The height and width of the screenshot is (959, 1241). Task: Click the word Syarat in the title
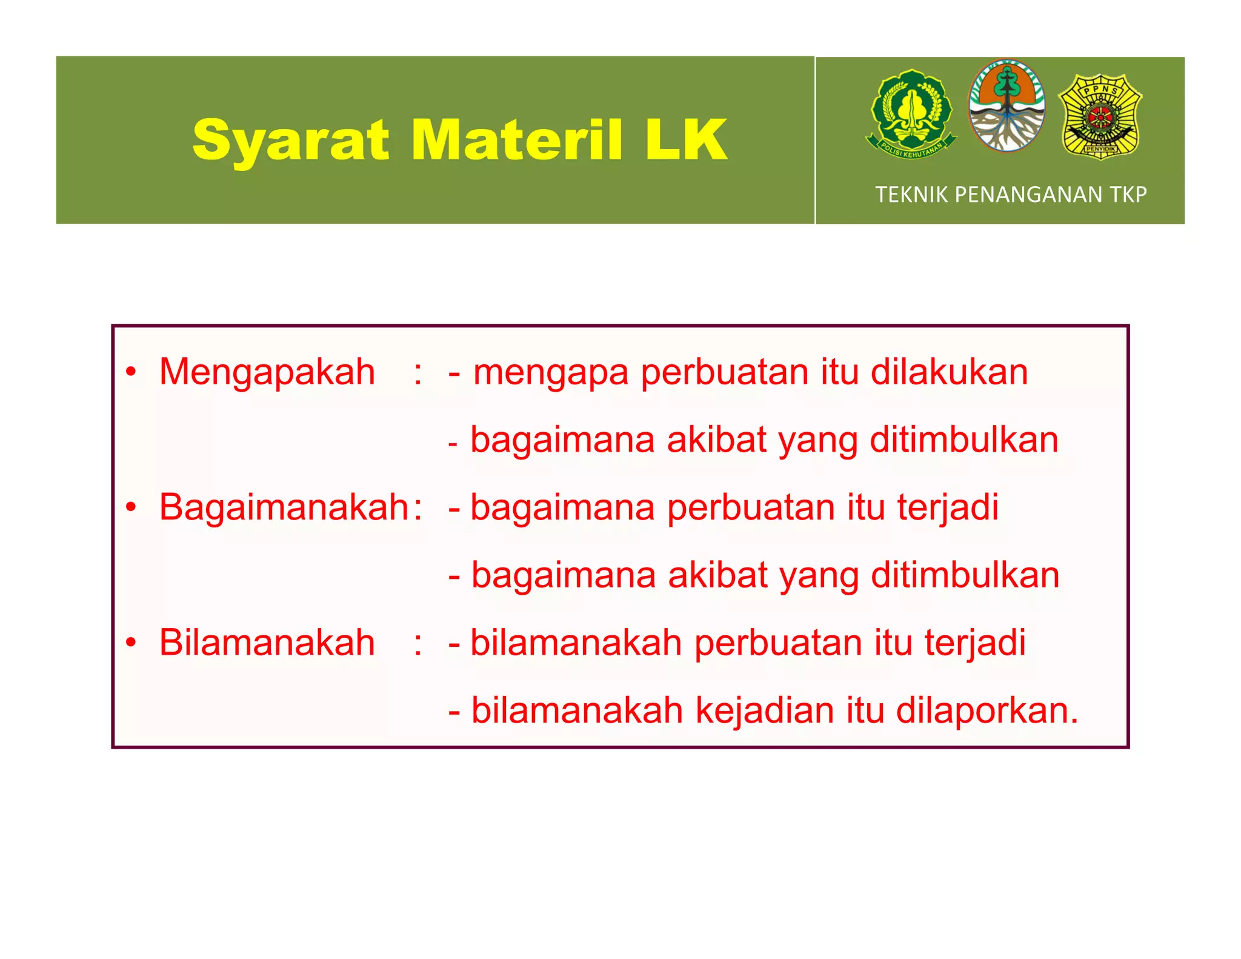(x=290, y=141)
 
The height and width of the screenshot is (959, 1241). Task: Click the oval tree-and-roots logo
(x=1007, y=106)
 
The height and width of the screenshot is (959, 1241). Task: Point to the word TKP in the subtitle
(x=1128, y=195)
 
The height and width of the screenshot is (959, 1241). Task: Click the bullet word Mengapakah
(x=267, y=372)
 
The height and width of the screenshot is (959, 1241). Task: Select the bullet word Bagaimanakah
(x=284, y=507)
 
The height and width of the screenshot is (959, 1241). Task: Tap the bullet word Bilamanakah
(x=267, y=643)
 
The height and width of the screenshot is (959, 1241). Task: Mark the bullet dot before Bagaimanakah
(x=131, y=507)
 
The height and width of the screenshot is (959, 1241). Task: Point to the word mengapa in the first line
(x=550, y=373)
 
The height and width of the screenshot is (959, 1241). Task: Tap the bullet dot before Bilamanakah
(x=131, y=643)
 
